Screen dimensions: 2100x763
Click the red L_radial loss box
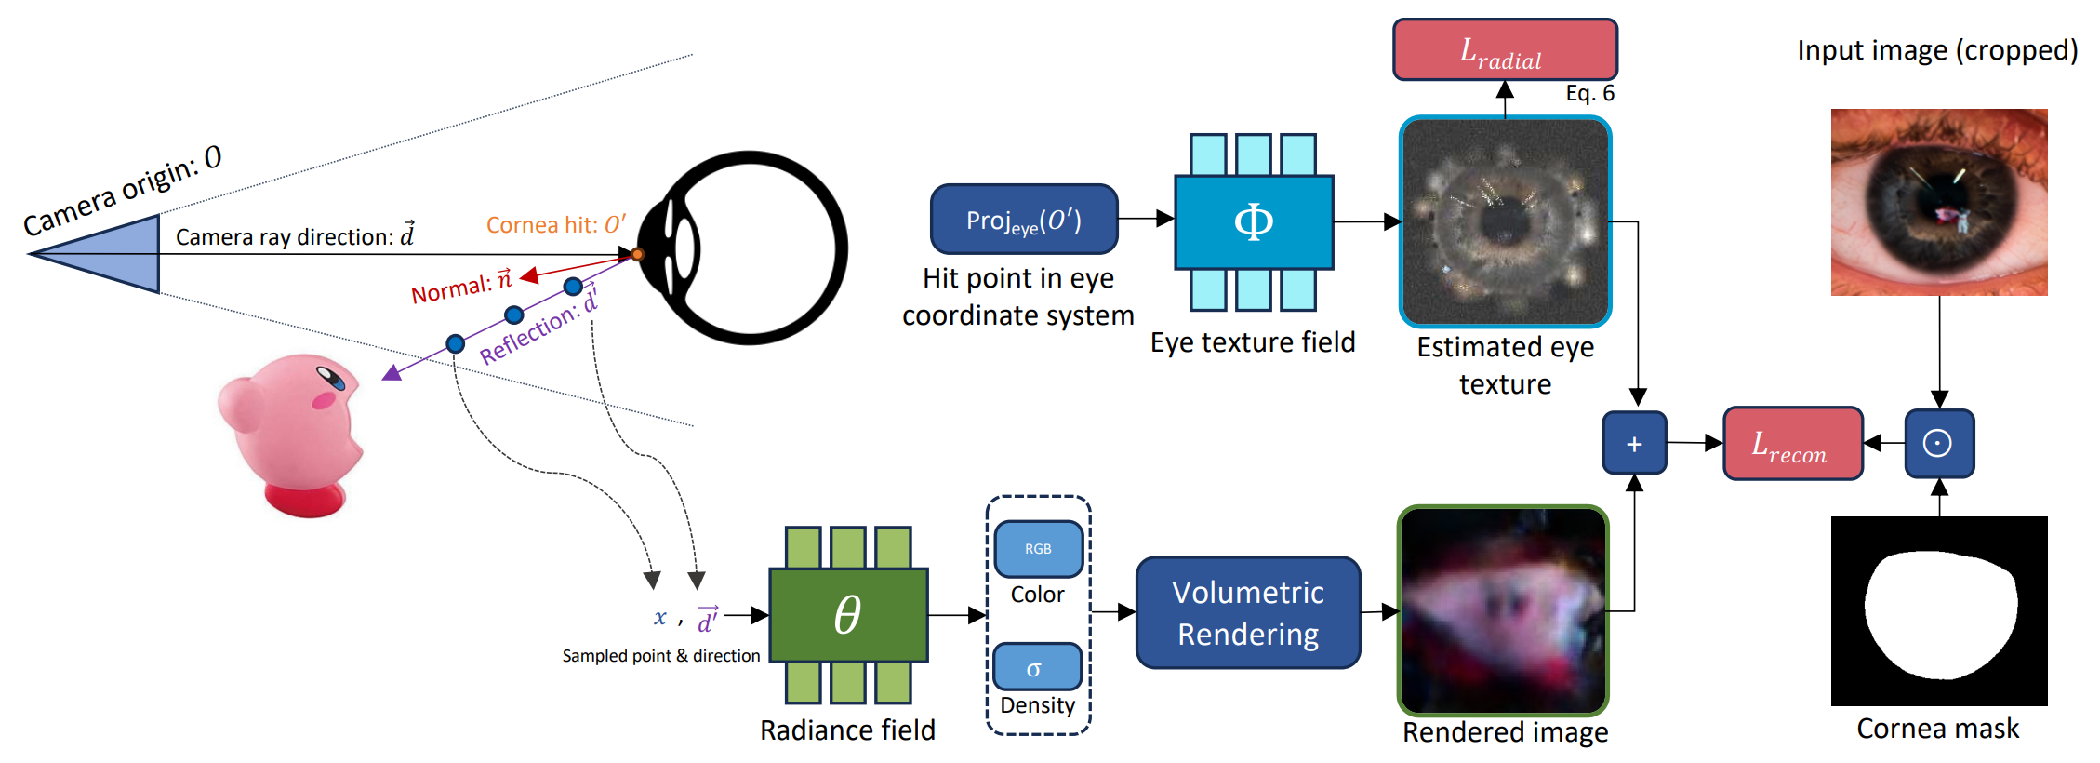point(1505,49)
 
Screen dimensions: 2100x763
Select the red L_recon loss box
point(1792,443)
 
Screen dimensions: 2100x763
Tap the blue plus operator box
point(1634,443)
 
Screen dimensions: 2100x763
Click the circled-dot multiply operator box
point(1939,443)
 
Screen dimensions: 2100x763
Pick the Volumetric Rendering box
point(1248,612)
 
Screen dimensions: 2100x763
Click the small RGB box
point(1038,549)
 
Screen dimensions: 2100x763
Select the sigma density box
point(1037,667)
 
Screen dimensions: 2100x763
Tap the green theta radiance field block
point(848,615)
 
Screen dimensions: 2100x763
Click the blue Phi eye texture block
point(1254,222)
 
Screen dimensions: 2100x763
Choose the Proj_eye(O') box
point(1024,220)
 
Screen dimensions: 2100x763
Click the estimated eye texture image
point(1505,221)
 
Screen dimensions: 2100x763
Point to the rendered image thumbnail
point(1504,610)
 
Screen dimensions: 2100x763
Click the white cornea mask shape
point(1940,614)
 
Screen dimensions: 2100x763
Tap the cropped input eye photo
point(1939,202)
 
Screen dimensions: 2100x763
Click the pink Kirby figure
point(290,434)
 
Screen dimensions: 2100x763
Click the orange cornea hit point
point(637,254)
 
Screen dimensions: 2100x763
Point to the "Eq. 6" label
point(1589,93)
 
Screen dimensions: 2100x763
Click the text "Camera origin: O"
point(123,190)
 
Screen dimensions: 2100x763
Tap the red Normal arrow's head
point(529,275)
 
